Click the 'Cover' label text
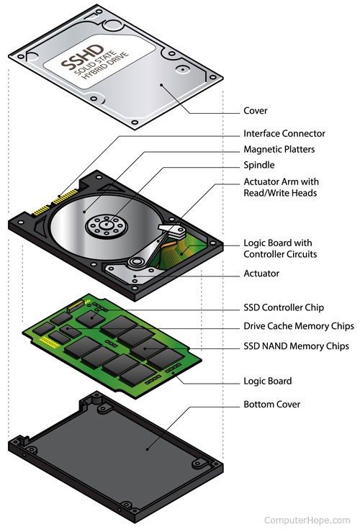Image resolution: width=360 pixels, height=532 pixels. [x=255, y=111]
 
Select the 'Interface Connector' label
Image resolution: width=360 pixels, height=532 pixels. [x=284, y=133]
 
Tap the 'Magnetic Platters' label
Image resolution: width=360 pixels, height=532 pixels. [x=279, y=149]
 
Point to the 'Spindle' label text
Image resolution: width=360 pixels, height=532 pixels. [x=259, y=165]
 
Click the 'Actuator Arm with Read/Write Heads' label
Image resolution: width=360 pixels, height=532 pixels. [x=281, y=187]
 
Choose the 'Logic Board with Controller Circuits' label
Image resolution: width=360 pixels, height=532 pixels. [x=280, y=248]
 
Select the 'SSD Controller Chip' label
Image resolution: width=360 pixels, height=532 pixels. [x=284, y=307]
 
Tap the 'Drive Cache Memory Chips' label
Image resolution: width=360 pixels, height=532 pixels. [x=299, y=326]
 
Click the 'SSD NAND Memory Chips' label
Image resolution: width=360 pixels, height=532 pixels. [x=296, y=346]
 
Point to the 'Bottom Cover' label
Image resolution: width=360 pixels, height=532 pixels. [x=271, y=405]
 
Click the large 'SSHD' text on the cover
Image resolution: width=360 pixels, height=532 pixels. [x=82, y=58]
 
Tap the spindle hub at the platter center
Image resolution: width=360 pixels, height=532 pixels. [x=107, y=225]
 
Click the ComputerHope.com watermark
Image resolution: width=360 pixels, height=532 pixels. [x=307, y=520]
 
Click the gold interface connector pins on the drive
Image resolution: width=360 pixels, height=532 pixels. [x=56, y=202]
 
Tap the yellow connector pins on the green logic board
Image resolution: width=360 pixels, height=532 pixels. [x=50, y=342]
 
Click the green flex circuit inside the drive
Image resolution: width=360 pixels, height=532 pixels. [x=180, y=252]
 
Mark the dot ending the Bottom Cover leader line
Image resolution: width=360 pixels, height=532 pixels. [x=148, y=449]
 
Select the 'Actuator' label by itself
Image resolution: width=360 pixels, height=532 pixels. [x=261, y=274]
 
